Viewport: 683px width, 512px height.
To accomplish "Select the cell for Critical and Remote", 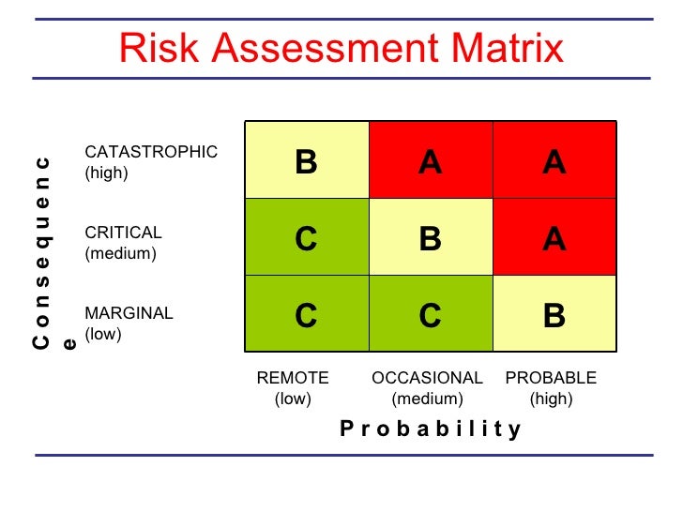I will point(307,238).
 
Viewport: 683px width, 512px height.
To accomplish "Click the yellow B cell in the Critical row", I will point(431,238).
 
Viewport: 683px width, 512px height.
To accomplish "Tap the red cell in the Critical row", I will point(554,238).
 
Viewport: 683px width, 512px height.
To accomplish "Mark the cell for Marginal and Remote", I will point(307,316).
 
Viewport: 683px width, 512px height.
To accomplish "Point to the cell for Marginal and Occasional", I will point(431,316).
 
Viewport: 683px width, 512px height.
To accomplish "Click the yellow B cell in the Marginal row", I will point(554,316).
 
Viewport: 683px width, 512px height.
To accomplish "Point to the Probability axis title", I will point(430,429).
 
